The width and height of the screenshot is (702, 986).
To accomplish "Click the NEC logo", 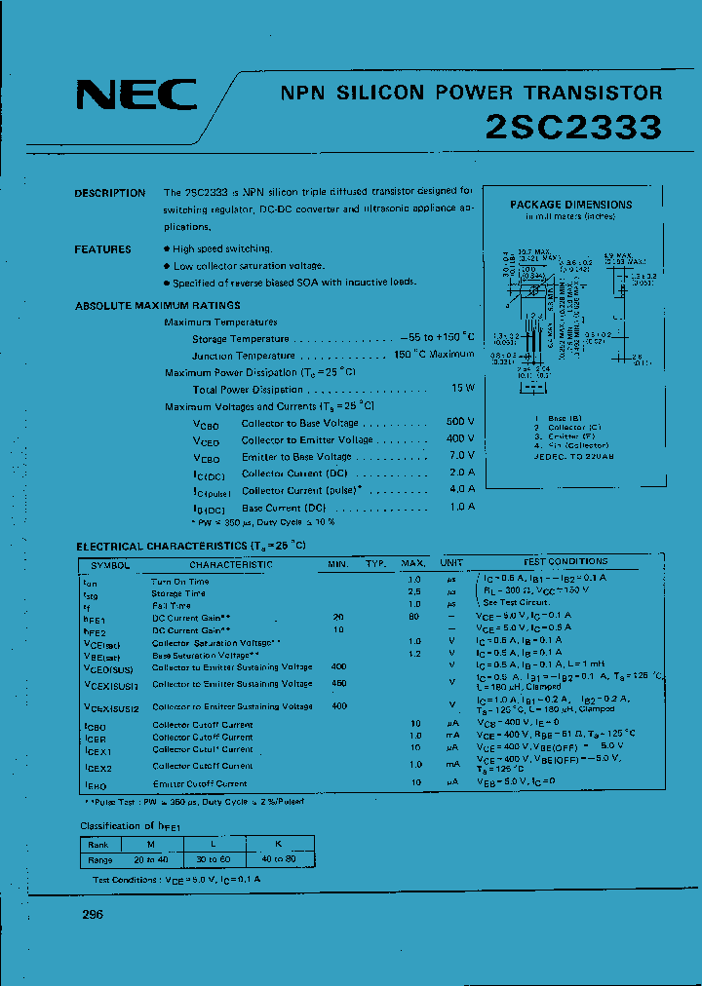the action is pyautogui.click(x=136, y=95).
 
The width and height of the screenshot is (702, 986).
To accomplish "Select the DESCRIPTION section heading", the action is pyautogui.click(x=110, y=193).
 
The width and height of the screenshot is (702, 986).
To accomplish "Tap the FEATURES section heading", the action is pyautogui.click(x=102, y=249).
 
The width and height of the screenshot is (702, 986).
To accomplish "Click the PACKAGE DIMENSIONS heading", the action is pyautogui.click(x=570, y=205).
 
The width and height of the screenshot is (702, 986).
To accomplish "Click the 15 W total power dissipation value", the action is pyautogui.click(x=463, y=389).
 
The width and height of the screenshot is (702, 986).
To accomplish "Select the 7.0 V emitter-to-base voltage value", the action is pyautogui.click(x=460, y=456).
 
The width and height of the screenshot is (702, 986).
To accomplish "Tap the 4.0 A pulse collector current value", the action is pyautogui.click(x=461, y=490).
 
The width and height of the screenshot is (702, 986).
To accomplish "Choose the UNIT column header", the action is pyautogui.click(x=451, y=563).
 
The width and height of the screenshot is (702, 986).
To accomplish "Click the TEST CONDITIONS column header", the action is pyautogui.click(x=565, y=562).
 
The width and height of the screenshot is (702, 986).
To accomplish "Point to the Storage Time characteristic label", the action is pyautogui.click(x=178, y=592).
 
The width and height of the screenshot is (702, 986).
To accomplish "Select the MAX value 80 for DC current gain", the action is pyautogui.click(x=414, y=617).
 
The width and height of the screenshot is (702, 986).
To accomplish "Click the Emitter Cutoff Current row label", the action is pyautogui.click(x=200, y=783).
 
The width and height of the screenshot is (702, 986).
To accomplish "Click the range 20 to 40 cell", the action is pyautogui.click(x=150, y=859).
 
